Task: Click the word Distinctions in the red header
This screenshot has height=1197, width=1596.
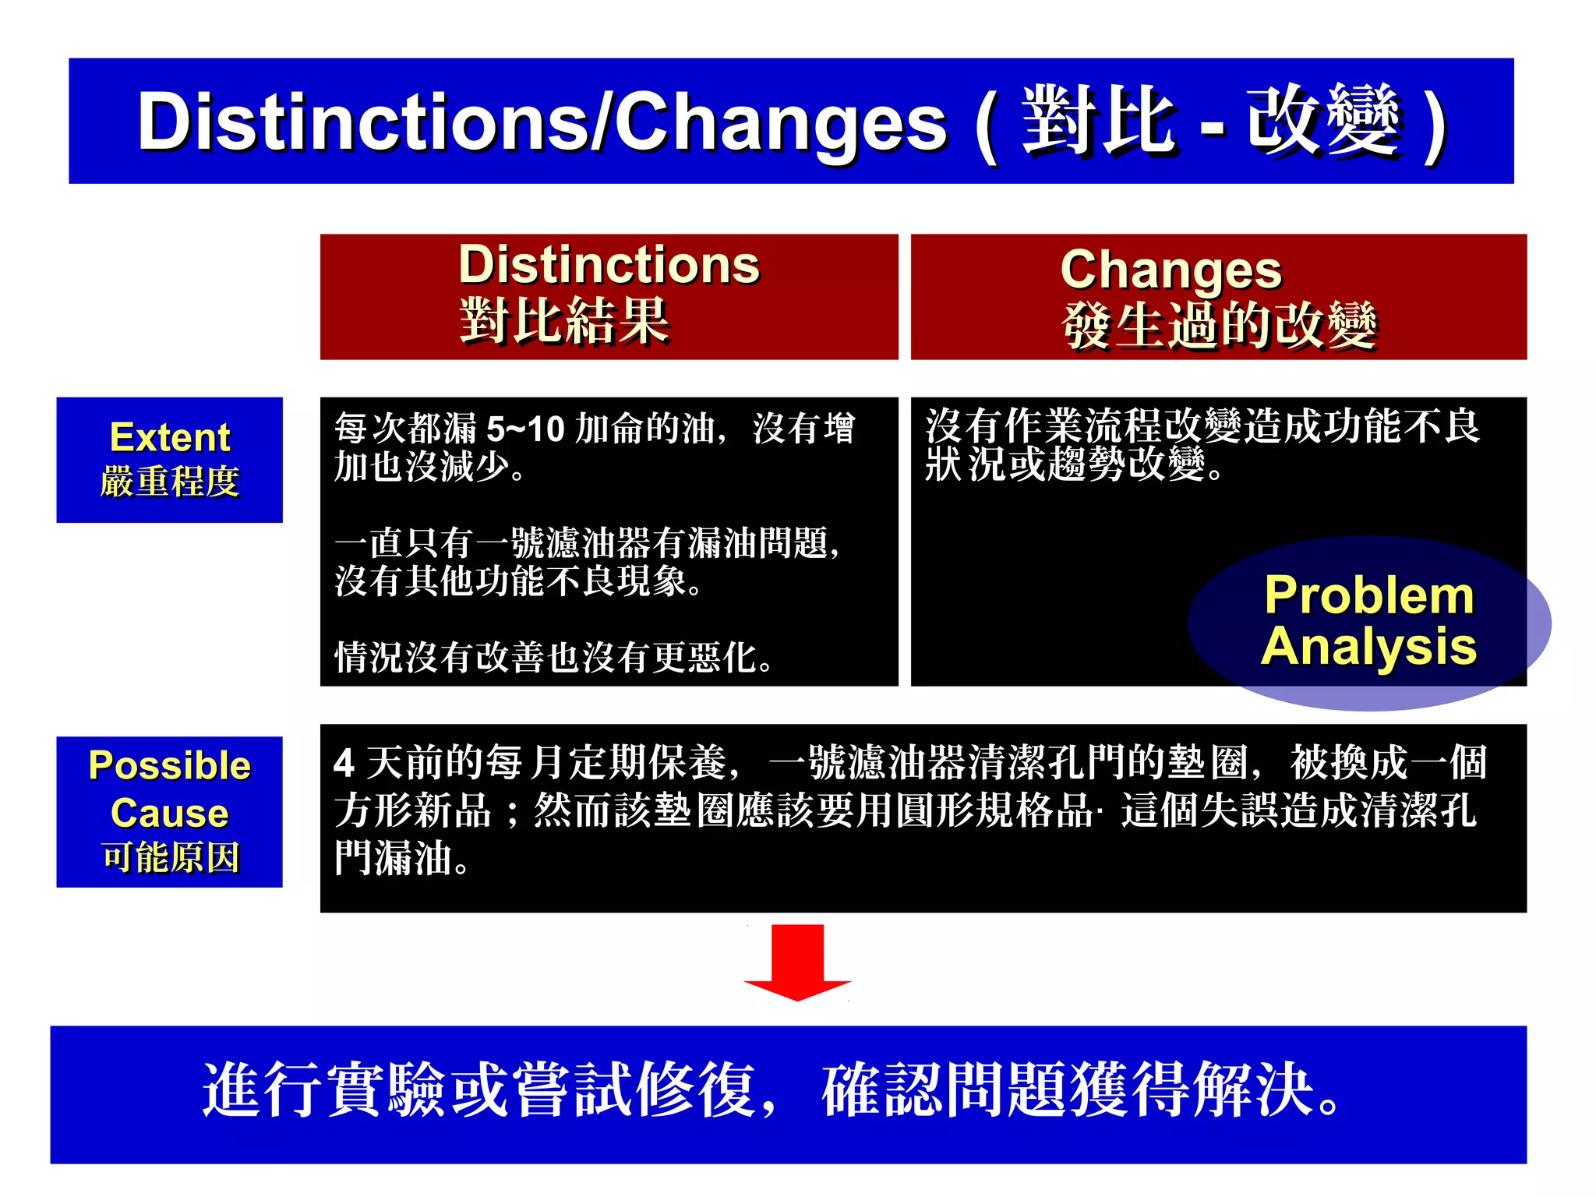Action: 609,265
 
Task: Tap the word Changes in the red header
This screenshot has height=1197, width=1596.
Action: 1171,270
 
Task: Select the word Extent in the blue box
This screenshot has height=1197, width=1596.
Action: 170,437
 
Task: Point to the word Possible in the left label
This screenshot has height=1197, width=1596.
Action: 170,765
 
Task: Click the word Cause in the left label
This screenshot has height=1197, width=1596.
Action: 170,813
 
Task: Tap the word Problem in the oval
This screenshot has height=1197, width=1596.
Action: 1369,595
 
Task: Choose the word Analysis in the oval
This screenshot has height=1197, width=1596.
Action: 1368,646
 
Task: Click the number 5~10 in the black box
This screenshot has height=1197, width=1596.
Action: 525,429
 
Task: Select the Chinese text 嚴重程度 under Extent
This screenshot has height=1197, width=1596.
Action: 170,482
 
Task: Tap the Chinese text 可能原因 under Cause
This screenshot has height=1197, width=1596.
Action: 170,858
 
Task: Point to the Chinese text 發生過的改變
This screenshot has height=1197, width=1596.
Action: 1219,325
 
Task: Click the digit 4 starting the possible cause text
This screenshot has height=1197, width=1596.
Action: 344,764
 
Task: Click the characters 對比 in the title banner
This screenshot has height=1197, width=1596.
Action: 1097,121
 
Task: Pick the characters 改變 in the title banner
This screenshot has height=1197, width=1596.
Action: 1323,121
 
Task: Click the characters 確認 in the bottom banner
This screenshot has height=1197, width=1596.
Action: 882,1089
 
